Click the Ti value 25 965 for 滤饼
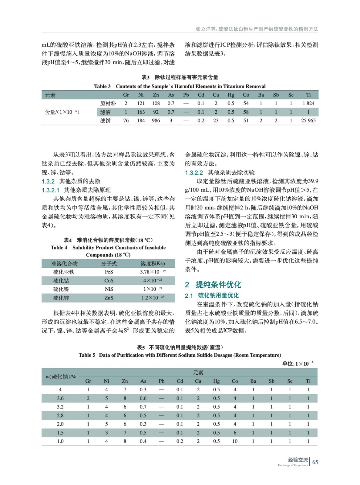[x=308, y=121]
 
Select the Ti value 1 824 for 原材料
[x=308, y=103]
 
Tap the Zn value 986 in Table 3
[x=156, y=121]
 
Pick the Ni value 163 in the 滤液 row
[x=141, y=112]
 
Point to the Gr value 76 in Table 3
[x=126, y=121]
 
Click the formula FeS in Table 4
[x=109, y=272]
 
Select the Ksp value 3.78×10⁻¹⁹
[x=153, y=272]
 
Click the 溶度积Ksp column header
[x=153, y=263]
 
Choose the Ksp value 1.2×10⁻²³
[x=153, y=298]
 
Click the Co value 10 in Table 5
[x=235, y=441]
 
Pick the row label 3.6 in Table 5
[x=60, y=398]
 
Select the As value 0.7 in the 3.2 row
[x=143, y=407]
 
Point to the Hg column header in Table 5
[x=217, y=381]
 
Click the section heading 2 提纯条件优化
[x=213, y=285]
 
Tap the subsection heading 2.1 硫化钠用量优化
[x=212, y=295]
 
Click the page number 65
[x=315, y=462]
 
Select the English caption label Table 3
[x=102, y=86]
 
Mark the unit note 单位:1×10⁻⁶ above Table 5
[x=298, y=363]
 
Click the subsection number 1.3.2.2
[x=194, y=173]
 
